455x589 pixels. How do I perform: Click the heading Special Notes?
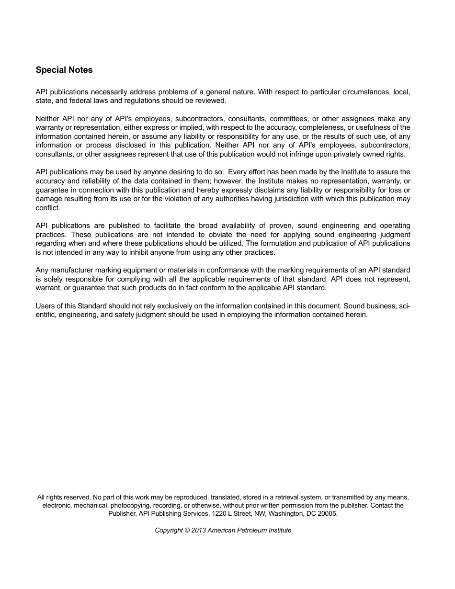pos(64,70)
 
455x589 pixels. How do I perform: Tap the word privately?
pos(346,154)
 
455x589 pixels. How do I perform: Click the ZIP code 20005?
pos(328,514)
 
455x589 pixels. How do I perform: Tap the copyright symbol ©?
pos(187,531)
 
